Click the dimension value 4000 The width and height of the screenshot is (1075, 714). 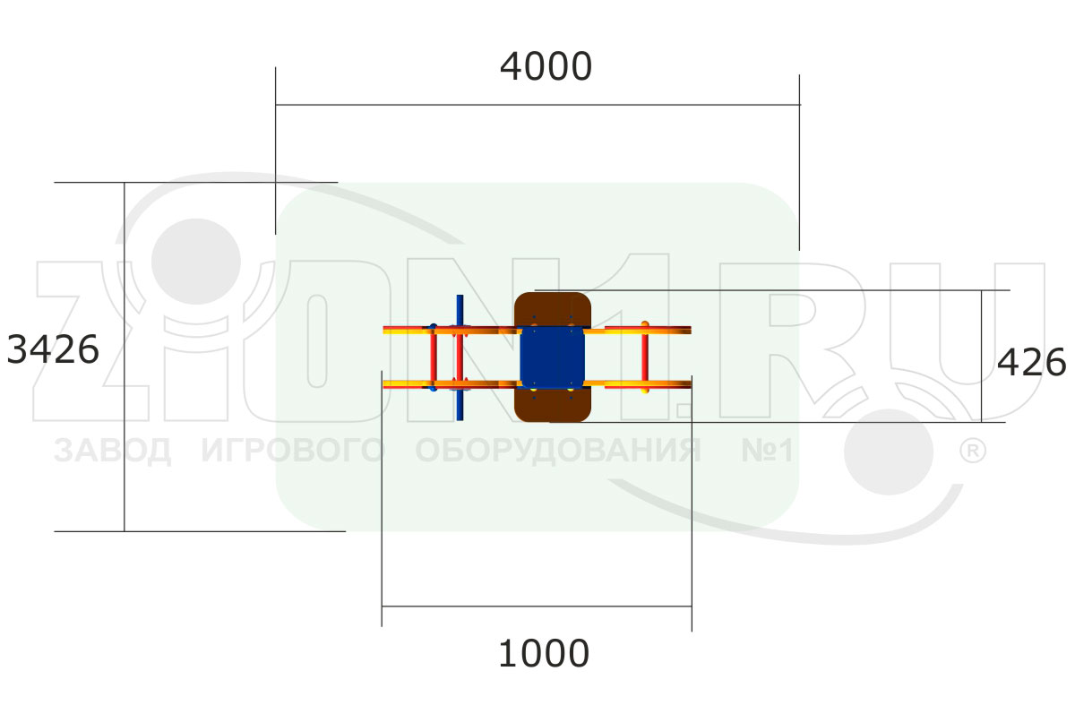click(546, 66)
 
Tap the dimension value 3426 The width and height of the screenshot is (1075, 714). click(53, 349)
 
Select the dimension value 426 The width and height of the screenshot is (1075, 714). click(1031, 362)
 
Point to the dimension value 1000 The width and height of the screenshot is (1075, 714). click(544, 654)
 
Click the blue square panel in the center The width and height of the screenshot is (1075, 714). click(553, 357)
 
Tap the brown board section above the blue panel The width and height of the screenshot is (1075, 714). click(553, 309)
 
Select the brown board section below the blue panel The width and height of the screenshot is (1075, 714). click(553, 405)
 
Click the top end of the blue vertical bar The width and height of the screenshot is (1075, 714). click(460, 296)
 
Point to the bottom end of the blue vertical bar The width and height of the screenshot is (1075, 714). click(460, 420)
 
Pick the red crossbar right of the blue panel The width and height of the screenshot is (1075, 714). click(645, 357)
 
